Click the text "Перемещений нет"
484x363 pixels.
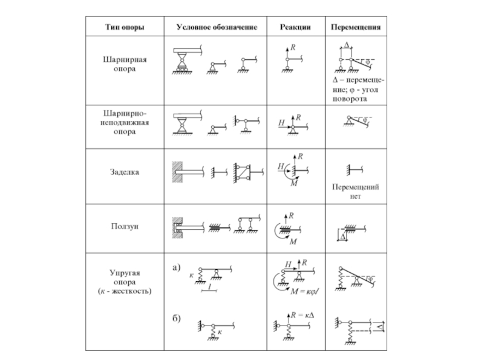355,192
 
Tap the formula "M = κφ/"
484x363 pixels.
304,292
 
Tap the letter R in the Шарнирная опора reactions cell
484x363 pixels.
293,47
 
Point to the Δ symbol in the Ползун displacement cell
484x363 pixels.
343,238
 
